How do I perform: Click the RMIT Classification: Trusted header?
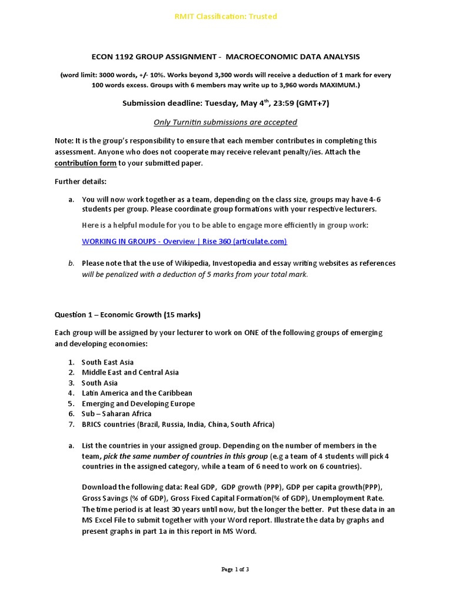226,16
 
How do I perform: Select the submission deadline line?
225,103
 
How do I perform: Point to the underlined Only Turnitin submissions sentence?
225,122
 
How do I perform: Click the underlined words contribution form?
85,163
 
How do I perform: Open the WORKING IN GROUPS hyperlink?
184,241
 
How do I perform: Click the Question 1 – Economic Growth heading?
128,315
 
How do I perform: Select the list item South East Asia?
108,362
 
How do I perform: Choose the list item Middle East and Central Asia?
130,372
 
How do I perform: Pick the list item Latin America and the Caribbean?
137,393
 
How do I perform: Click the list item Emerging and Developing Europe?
138,403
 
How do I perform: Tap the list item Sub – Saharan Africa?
117,413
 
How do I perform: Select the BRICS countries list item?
178,424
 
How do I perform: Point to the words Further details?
81,182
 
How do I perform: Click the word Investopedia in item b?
237,263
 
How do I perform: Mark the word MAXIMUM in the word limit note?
338,85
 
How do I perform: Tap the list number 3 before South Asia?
71,383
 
